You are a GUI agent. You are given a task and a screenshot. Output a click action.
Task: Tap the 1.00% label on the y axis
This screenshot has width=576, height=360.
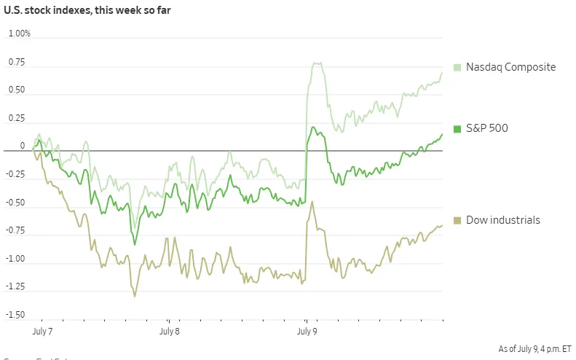(x=20, y=34)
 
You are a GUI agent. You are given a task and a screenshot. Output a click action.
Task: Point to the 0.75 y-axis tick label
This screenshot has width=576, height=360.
(x=17, y=62)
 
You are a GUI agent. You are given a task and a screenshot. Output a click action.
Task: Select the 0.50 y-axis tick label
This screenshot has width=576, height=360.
(x=17, y=90)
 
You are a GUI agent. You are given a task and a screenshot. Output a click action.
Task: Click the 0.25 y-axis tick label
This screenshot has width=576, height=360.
(x=17, y=118)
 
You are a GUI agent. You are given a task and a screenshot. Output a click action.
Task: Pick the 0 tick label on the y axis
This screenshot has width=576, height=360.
(x=23, y=146)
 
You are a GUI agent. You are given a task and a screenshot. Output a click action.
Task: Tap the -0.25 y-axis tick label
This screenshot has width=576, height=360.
(x=15, y=174)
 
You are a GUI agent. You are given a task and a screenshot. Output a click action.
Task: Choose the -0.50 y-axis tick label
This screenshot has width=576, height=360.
(x=15, y=203)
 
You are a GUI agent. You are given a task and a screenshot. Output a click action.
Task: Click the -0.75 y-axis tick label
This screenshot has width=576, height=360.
(x=15, y=231)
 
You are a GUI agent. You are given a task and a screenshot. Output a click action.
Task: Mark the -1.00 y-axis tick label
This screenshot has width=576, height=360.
(x=15, y=259)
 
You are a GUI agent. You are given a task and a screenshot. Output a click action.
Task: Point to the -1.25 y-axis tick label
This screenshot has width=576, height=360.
(x=15, y=287)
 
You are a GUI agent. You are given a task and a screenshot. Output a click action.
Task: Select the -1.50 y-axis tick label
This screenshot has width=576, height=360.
(x=15, y=315)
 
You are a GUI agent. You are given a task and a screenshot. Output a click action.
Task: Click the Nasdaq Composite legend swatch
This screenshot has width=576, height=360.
(x=457, y=67)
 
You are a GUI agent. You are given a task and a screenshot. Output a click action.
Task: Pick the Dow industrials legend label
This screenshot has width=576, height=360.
(x=503, y=220)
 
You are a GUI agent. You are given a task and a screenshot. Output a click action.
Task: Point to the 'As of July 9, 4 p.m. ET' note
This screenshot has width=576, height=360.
(x=535, y=349)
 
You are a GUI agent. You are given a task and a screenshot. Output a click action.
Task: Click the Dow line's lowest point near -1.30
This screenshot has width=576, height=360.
(x=135, y=295)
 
